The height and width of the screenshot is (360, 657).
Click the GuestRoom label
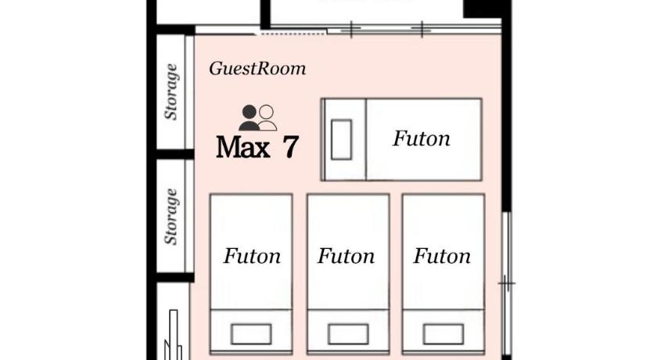[x=257, y=69]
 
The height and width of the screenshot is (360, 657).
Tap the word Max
[x=243, y=147]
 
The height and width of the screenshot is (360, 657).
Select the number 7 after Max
[x=290, y=146]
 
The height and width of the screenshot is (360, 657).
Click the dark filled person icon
[x=249, y=117]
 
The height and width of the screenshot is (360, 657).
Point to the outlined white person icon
[x=267, y=117]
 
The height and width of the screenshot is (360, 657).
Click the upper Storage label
[x=171, y=92]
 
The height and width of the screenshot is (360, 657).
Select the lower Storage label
[x=171, y=217]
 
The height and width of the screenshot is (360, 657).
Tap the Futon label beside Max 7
[x=422, y=139]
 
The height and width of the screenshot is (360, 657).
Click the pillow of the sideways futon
[x=341, y=139]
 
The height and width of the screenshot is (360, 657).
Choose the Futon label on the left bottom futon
[x=252, y=256]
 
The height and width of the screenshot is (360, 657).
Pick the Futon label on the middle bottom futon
[x=346, y=256]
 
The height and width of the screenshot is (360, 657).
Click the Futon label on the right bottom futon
[x=442, y=256]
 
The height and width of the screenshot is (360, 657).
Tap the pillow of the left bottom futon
[x=251, y=334]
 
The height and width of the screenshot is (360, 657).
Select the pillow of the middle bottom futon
[x=348, y=334]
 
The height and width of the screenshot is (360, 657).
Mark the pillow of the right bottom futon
[x=443, y=334]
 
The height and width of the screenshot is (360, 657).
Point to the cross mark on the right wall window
[x=507, y=284]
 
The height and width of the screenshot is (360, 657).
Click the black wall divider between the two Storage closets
[x=175, y=154]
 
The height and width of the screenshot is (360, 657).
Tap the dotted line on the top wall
[x=293, y=34]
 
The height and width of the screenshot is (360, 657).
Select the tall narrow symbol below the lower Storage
[x=173, y=335]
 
